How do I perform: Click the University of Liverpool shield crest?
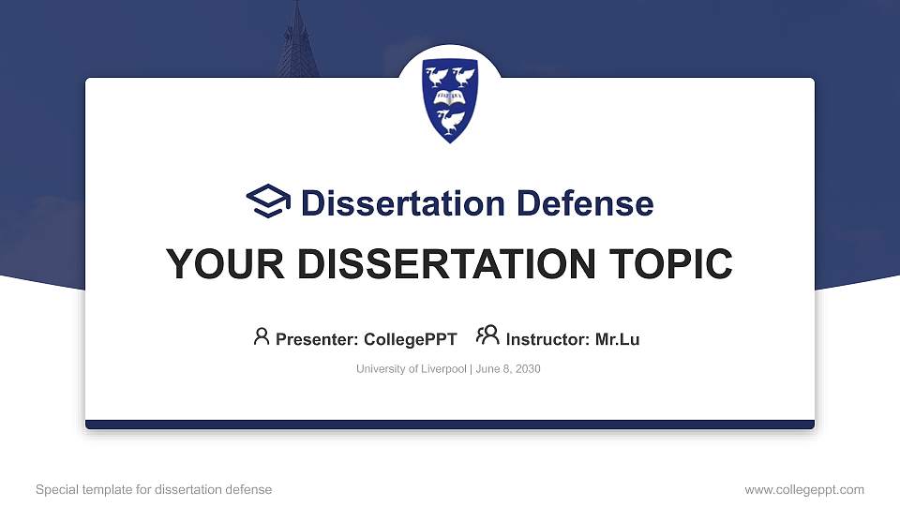tap(450, 99)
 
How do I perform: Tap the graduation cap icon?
tap(268, 201)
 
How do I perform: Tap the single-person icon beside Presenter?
tap(262, 336)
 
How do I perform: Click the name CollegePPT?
tap(412, 339)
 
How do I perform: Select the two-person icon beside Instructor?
tap(487, 335)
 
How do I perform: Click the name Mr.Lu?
tap(617, 339)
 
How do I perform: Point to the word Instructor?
tap(548, 339)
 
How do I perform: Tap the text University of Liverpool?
tap(411, 369)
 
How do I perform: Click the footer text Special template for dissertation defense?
tap(154, 489)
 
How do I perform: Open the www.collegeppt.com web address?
tap(804, 489)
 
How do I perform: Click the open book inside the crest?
tap(450, 96)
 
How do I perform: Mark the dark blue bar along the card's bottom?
tap(450, 424)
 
